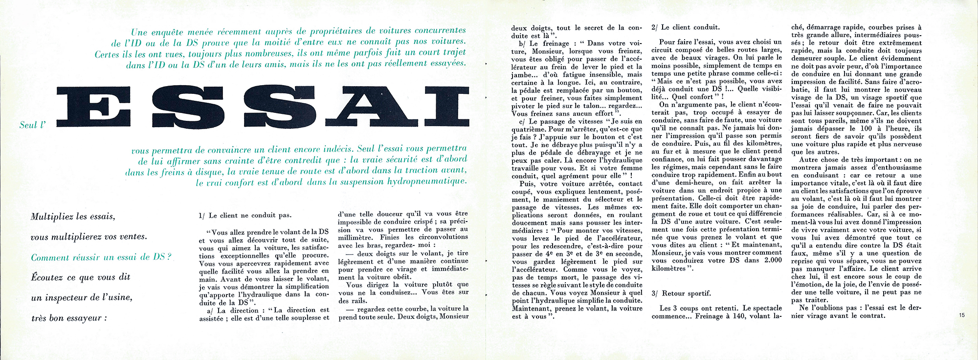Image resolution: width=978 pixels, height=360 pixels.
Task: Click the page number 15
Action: (962, 316)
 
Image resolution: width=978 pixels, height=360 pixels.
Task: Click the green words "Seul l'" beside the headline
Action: (32, 125)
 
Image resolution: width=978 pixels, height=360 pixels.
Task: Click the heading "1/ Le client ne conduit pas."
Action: (245, 215)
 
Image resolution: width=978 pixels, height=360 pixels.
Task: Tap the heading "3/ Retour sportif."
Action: (681, 293)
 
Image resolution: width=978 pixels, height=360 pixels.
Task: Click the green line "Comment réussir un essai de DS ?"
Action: (101, 257)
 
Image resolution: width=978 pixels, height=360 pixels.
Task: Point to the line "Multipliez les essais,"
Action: (73, 217)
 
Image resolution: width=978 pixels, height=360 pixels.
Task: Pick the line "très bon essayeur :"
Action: (69, 318)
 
